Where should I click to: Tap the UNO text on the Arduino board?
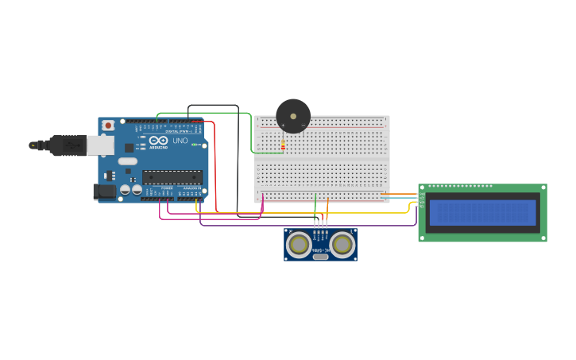coord(180,141)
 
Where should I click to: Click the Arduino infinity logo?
coord(158,140)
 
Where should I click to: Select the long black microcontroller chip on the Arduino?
coord(172,177)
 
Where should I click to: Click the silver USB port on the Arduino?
coord(99,145)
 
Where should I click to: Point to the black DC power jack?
coord(103,191)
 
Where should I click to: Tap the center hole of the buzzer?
coord(293,116)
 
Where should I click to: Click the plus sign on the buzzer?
coord(283,126)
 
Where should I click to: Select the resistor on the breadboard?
coord(283,145)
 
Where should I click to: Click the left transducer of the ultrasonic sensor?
coord(299,245)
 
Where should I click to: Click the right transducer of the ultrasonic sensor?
coord(342,245)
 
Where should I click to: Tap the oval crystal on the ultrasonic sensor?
coord(321,256)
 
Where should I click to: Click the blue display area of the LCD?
coord(482,212)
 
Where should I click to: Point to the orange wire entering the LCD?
coord(401,194)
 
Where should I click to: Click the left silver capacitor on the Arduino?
coord(125,190)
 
